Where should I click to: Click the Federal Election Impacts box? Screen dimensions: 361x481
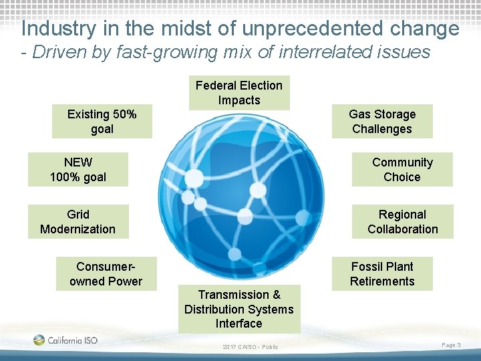tap(239, 93)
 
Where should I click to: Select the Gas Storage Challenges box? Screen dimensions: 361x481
tap(382, 122)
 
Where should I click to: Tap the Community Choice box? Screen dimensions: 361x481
tap(402, 170)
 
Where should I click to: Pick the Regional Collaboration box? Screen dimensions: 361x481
tap(402, 222)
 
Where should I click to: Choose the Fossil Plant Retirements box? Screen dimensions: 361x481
tap(382, 274)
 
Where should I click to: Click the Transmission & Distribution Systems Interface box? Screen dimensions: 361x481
tap(239, 309)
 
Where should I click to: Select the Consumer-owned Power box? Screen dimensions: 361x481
tap(106, 274)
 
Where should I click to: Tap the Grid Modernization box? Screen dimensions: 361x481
tap(77, 222)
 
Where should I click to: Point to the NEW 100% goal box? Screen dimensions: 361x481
tap(77, 170)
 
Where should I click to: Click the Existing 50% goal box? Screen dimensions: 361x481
tap(102, 122)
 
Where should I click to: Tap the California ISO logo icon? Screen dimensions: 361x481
tap(39, 340)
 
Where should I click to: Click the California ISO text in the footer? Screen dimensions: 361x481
tap(72, 340)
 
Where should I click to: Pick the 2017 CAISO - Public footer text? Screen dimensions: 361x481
tap(251, 346)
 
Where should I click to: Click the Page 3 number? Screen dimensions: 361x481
tap(451, 344)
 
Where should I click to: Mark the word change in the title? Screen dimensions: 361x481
tap(426, 29)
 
